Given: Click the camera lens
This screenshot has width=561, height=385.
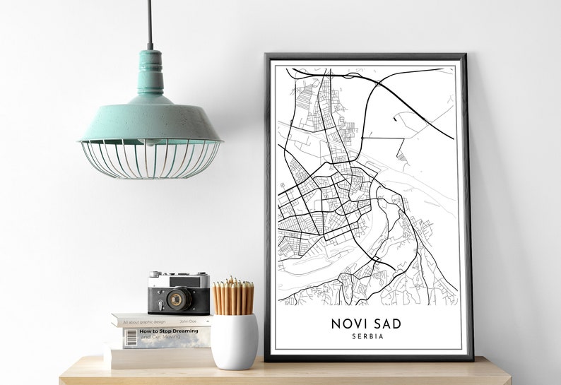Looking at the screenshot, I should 177,299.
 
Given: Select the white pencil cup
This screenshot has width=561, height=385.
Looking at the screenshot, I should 235,340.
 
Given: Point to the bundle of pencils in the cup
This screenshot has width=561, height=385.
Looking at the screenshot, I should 234,297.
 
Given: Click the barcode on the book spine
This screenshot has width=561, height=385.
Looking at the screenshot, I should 131,338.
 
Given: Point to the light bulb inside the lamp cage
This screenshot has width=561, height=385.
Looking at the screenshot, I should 149,143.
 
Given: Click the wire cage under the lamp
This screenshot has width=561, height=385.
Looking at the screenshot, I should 150,159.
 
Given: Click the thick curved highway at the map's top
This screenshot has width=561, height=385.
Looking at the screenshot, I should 410,99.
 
